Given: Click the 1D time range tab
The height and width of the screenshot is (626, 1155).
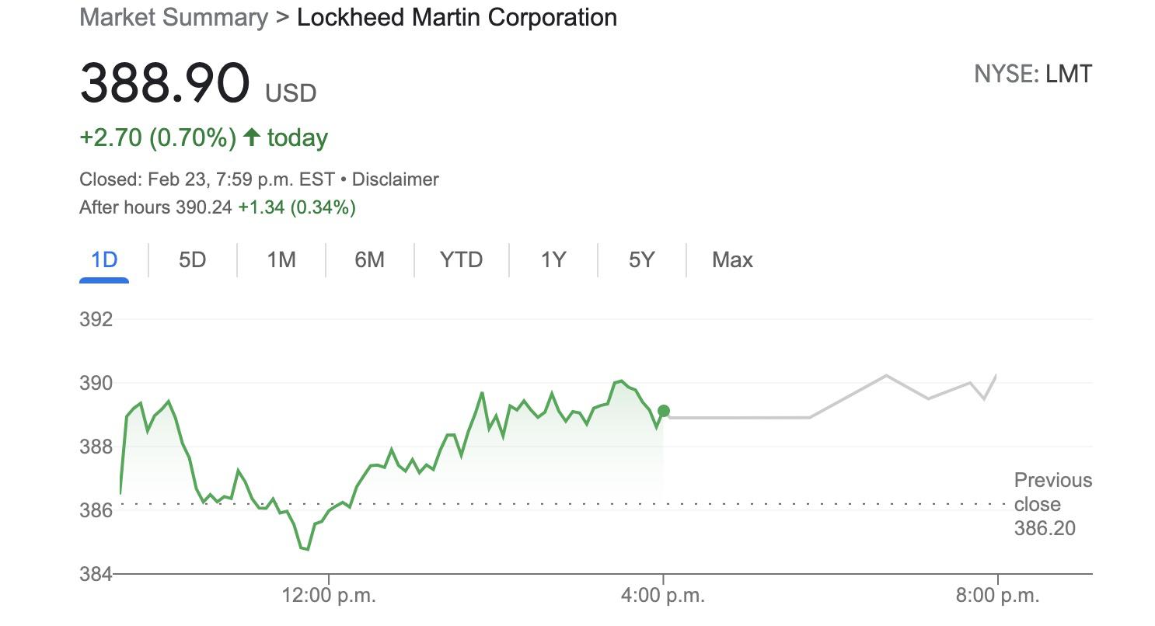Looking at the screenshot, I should pyautogui.click(x=104, y=259).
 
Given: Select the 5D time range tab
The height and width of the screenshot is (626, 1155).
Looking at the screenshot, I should pyautogui.click(x=192, y=259).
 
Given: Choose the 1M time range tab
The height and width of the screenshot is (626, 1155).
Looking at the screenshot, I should pyautogui.click(x=281, y=259).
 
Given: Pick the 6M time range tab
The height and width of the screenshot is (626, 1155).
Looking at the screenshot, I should pyautogui.click(x=370, y=259).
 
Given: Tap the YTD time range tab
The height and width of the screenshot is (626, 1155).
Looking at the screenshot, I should pyautogui.click(x=462, y=259).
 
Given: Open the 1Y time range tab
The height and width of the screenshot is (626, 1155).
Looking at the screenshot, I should pyautogui.click(x=553, y=259).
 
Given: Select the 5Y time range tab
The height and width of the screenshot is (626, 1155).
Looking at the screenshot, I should pyautogui.click(x=642, y=259).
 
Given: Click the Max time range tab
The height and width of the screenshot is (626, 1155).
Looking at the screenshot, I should pyautogui.click(x=732, y=259).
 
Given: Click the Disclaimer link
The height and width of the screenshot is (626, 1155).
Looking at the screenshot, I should pyautogui.click(x=396, y=179).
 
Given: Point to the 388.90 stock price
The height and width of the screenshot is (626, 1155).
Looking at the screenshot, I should pyautogui.click(x=165, y=83).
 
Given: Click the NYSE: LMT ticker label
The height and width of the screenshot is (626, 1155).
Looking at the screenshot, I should pyautogui.click(x=1033, y=75).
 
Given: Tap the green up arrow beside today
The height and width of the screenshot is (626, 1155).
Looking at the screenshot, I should pyautogui.click(x=251, y=137).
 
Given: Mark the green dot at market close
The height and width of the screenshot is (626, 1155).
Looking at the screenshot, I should pyautogui.click(x=663, y=411).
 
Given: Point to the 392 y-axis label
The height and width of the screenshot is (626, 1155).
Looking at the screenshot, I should pyautogui.click(x=96, y=319).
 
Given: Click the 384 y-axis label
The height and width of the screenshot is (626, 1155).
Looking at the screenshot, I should pyautogui.click(x=96, y=574).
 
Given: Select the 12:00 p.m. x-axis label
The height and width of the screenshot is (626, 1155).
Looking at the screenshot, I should pyautogui.click(x=329, y=596).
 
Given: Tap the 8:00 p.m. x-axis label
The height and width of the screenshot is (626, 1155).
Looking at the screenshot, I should pyautogui.click(x=997, y=596).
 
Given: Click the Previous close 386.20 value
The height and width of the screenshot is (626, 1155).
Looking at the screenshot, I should pyautogui.click(x=1045, y=528).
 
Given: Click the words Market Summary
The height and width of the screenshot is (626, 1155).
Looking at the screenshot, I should pyautogui.click(x=173, y=17).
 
